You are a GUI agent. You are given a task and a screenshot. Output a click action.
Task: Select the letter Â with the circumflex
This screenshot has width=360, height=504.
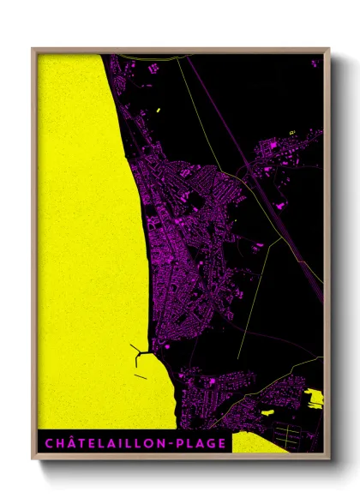[x=66, y=442]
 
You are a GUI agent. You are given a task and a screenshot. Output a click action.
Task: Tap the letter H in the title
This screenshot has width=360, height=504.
[x=54, y=443]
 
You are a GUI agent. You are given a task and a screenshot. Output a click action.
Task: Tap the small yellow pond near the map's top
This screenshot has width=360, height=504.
[x=159, y=111]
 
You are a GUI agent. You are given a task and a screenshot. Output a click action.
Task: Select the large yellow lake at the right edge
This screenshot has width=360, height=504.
[x=315, y=397]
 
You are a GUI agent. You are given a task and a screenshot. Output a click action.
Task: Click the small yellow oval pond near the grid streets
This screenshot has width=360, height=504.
[x=267, y=412]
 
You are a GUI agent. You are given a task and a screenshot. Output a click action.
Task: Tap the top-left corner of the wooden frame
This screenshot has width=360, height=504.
[x=33, y=50]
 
